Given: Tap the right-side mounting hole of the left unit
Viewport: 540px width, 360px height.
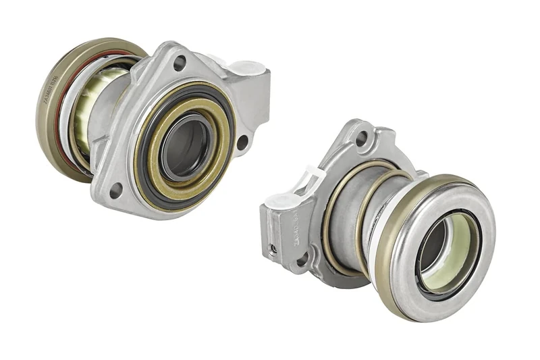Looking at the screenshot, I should (x=242, y=142).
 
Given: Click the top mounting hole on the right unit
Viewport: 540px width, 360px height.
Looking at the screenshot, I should (x=362, y=138).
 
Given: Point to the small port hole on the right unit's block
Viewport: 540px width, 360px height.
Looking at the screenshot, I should (x=273, y=249).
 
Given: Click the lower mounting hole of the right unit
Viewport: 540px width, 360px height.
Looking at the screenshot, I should (x=302, y=259).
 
